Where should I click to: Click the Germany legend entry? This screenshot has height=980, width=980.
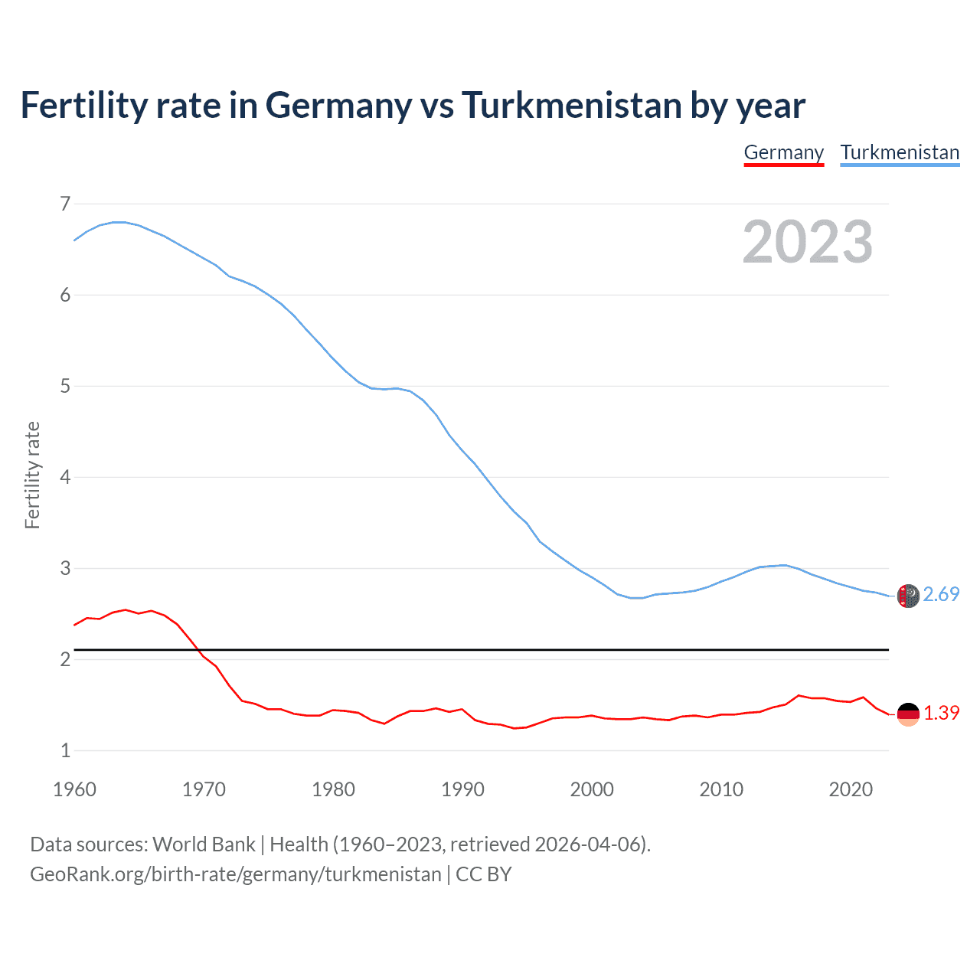click(783, 152)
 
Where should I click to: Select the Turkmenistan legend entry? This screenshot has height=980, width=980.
click(900, 152)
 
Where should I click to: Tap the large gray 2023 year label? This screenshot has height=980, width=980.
click(808, 242)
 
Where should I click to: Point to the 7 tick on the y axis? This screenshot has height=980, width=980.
click(65, 204)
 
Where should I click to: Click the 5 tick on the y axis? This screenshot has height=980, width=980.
click(65, 386)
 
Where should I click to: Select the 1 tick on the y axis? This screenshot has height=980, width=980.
click(65, 750)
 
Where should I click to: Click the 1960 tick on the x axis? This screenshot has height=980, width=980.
click(74, 789)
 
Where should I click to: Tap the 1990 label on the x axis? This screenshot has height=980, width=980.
click(462, 789)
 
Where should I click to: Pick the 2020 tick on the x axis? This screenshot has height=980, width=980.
click(851, 789)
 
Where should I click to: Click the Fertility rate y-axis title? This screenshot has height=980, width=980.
click(32, 475)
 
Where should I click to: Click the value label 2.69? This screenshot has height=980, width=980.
click(941, 594)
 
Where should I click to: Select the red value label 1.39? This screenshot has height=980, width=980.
click(941, 713)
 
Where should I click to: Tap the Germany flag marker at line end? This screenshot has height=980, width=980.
click(908, 714)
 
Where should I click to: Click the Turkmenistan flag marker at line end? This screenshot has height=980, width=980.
click(908, 596)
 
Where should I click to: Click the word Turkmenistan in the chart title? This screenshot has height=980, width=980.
click(571, 105)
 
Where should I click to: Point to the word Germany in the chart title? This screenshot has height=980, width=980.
click(338, 105)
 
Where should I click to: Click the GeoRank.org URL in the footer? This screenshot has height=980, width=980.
click(235, 874)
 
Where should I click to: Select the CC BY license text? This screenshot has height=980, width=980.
click(484, 874)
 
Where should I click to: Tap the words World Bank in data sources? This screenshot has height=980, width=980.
click(204, 844)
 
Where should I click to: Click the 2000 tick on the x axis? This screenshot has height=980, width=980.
click(592, 789)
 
